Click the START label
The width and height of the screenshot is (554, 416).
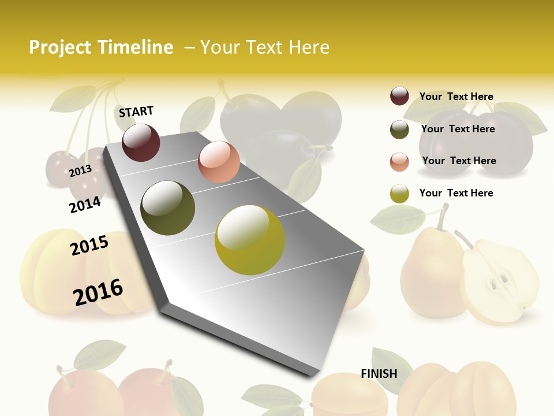click(x=136, y=112)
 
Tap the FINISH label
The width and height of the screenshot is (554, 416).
click(x=379, y=374)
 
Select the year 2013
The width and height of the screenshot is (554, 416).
click(x=80, y=170)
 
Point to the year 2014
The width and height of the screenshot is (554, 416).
click(x=85, y=205)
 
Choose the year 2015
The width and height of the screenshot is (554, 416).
click(x=89, y=246)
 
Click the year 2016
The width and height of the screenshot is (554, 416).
click(x=98, y=291)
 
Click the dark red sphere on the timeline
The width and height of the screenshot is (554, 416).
click(x=141, y=142)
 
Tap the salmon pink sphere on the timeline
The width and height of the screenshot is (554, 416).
click(x=219, y=162)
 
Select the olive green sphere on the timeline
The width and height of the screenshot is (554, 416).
click(x=168, y=208)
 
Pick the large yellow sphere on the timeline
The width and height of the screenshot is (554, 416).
click(x=250, y=240)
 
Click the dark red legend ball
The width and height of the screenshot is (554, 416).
click(x=399, y=96)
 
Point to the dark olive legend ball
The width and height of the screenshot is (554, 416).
click(x=399, y=129)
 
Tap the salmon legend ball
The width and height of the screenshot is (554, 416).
click(x=399, y=162)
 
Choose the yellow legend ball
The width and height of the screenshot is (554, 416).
click(x=399, y=194)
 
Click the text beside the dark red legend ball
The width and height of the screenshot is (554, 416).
click(x=456, y=96)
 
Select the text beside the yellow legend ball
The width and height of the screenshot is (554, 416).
click(x=456, y=193)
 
